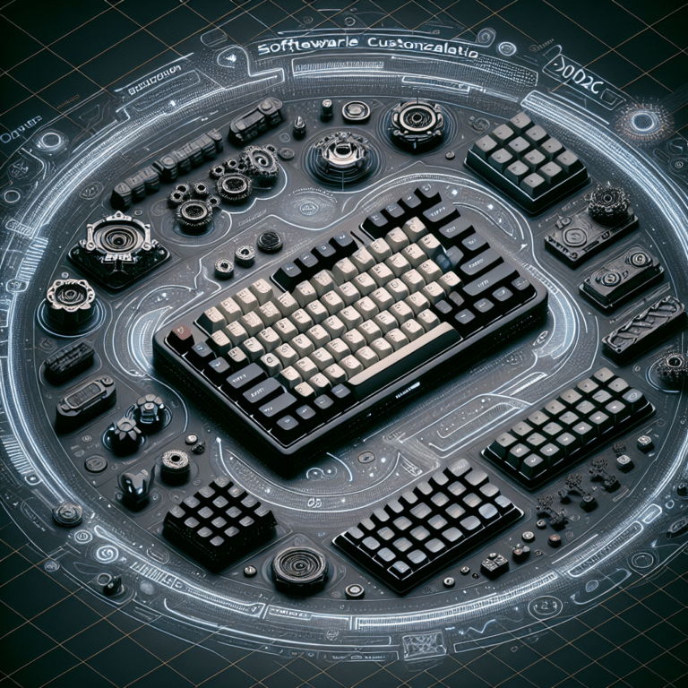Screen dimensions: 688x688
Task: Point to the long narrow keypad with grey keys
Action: (x=568, y=426)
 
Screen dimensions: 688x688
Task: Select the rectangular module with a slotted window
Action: (x=85, y=400)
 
